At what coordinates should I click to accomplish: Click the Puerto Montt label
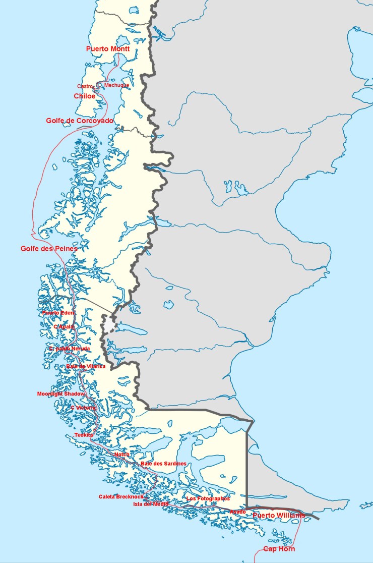click(x=108, y=49)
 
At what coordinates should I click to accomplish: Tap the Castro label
click(x=85, y=86)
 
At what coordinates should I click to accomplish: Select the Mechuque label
click(x=116, y=85)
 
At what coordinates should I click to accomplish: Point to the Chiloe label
click(x=84, y=96)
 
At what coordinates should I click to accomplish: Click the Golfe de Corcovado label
click(x=80, y=121)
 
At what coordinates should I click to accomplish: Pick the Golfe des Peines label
click(x=49, y=249)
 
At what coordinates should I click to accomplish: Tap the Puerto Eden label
click(x=58, y=313)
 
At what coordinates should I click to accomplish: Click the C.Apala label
click(x=64, y=327)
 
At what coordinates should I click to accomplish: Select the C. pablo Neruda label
click(x=70, y=349)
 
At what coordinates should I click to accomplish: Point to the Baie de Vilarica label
click(x=86, y=366)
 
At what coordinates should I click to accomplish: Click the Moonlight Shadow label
click(x=61, y=394)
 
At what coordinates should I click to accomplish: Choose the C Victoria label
click(x=83, y=408)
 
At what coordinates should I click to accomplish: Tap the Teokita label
click(x=84, y=435)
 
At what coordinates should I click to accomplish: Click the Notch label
click(x=122, y=455)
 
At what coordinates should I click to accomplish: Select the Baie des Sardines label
click(x=163, y=464)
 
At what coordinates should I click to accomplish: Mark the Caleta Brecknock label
click(x=121, y=497)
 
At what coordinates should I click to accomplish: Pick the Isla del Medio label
click(x=151, y=504)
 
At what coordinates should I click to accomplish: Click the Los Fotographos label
click(x=208, y=498)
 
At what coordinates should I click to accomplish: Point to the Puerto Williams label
click(x=279, y=516)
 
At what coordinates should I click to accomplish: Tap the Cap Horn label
click(x=279, y=549)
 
